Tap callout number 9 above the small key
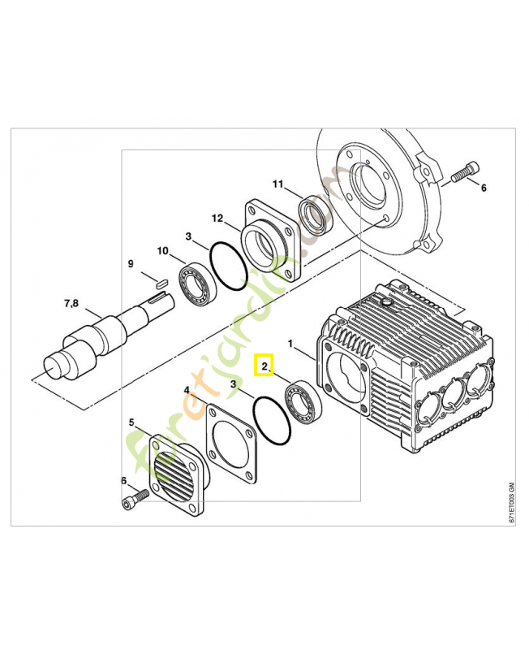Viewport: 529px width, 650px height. click(x=130, y=263)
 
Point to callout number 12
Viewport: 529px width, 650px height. click(x=217, y=218)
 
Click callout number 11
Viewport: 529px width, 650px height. click(x=277, y=185)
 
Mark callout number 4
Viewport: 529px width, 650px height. click(x=187, y=391)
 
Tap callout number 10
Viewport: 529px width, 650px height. click(x=163, y=251)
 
